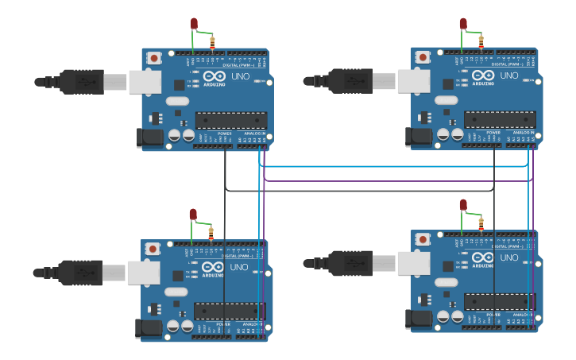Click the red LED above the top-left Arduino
click(194, 24)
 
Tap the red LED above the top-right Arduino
click(463, 24)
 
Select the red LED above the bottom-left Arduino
click(193, 214)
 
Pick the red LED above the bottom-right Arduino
click(463, 205)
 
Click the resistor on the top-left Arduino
click(212, 43)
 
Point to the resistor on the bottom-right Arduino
click(481, 224)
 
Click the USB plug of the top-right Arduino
click(350, 80)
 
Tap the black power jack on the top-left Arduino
click(150, 137)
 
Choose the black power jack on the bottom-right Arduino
click(419, 319)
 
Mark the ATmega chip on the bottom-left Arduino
click(230, 312)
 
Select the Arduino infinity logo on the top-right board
click(483, 75)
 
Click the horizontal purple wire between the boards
click(397, 181)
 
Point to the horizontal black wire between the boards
click(358, 191)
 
